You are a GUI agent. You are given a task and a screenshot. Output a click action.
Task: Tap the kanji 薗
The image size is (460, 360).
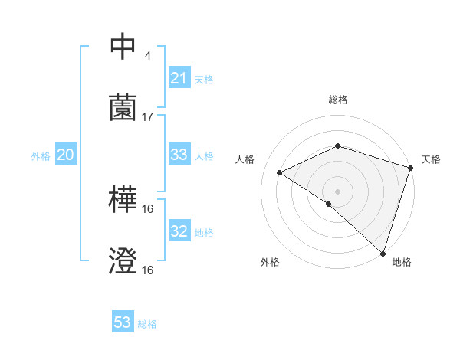(123, 107)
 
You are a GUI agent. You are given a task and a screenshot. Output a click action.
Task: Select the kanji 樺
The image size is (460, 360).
(123, 201)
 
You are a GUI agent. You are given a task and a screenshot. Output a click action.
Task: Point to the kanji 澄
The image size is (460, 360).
(123, 261)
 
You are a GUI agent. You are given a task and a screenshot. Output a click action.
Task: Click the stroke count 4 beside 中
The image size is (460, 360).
(147, 55)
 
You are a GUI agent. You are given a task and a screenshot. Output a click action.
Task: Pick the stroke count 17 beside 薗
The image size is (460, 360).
(148, 116)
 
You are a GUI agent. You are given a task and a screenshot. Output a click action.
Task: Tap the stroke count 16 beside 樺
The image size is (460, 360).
(148, 209)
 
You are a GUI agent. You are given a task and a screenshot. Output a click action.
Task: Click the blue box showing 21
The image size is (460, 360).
(179, 78)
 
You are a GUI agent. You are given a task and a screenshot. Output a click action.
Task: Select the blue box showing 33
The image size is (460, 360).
(179, 155)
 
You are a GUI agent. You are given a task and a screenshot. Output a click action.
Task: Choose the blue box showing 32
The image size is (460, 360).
(179, 231)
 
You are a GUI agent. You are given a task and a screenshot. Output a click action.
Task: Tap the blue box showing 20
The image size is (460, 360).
(66, 155)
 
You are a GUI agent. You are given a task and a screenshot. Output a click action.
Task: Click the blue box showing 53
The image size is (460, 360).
(123, 322)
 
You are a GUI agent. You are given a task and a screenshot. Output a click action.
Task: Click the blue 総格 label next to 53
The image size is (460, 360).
(147, 324)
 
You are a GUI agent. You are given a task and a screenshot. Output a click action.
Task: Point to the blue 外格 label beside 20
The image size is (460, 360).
(41, 156)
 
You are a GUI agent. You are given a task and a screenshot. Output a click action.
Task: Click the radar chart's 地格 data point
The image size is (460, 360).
(383, 253)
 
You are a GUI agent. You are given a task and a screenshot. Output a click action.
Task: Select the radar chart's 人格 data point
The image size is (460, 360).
(280, 173)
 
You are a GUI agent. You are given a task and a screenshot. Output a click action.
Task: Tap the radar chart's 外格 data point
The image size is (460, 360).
(329, 204)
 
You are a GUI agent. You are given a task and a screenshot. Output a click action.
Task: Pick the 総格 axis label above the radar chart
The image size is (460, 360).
(338, 100)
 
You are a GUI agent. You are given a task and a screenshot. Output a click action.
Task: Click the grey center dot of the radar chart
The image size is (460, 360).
(338, 191)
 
